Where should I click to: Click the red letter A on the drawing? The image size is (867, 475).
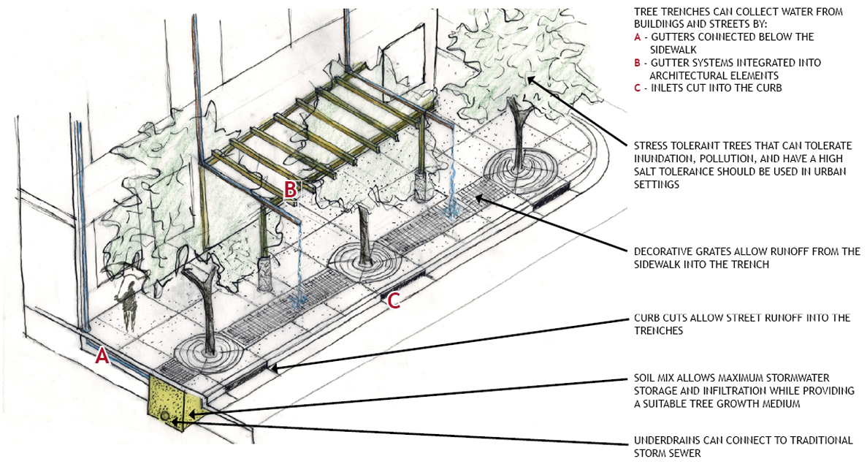[x=103, y=356]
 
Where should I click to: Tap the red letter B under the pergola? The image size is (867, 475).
[x=291, y=189]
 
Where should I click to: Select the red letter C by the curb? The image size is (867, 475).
[x=393, y=300]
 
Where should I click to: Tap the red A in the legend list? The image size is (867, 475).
[x=638, y=37]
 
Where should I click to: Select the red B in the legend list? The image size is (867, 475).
[x=638, y=63]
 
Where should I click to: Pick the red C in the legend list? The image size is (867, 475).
[x=638, y=88]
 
